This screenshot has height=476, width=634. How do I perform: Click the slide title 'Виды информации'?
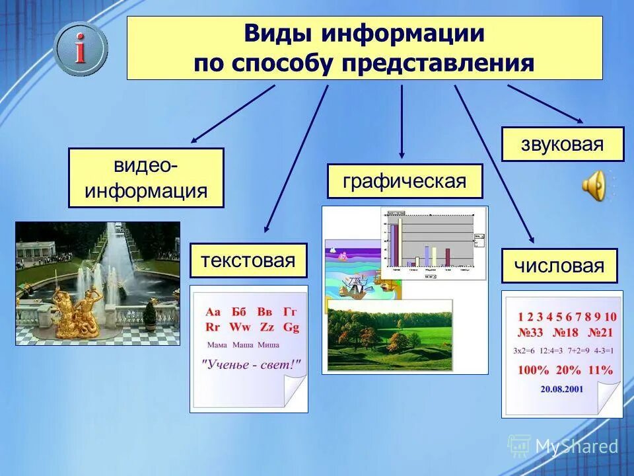pos(365,34)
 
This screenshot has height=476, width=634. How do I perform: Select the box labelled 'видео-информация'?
pos(146,178)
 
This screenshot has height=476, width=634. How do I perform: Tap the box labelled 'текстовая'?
pos(248,260)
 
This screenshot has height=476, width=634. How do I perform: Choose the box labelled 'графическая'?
pos(405,181)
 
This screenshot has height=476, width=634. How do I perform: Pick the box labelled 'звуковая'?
pos(562,144)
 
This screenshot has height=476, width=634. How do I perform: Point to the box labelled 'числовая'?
pos(559,266)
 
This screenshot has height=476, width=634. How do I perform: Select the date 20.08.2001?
pos(561,389)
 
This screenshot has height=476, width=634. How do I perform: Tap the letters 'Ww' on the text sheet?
pos(238,327)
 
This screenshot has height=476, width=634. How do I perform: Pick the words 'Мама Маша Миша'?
pos(242,344)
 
